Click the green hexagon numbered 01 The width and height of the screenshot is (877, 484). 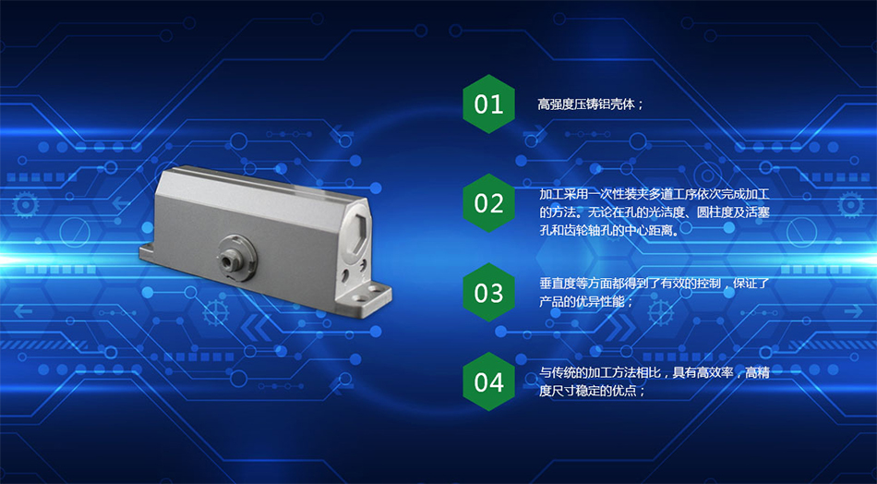tap(489, 104)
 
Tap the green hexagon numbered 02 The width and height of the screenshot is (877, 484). tap(489, 203)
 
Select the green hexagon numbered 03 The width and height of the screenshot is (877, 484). tap(489, 292)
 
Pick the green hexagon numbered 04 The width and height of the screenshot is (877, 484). tap(489, 381)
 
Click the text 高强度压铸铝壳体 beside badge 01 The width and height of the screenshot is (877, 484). tap(587, 104)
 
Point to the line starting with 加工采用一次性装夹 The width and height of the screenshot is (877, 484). tap(655, 195)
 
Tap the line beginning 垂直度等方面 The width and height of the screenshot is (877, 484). tap(655, 284)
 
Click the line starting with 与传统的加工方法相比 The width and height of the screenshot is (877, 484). tap(655, 372)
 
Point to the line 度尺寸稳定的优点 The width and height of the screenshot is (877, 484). tap(593, 391)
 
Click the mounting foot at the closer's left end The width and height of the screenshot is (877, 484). tap(150, 252)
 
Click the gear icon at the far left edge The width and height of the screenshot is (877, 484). tap(26, 205)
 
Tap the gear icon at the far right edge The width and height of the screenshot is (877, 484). tap(851, 205)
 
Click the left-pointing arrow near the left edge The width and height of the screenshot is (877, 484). tap(23, 311)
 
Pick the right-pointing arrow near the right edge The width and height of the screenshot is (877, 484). tap(854, 311)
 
